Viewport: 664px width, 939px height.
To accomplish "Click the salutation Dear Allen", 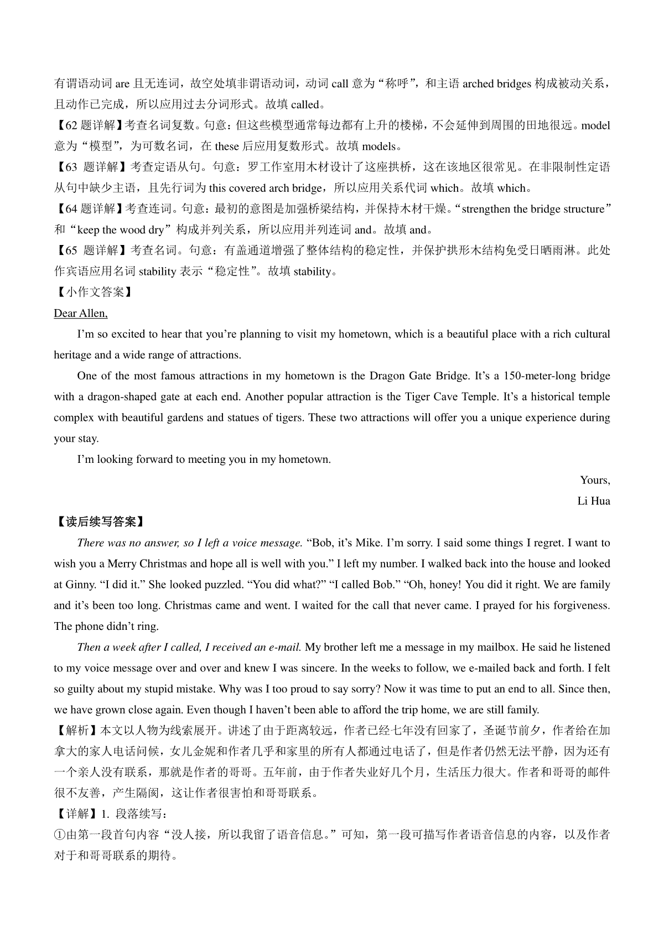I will click(81, 314).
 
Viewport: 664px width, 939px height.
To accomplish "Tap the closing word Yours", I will click(595, 480).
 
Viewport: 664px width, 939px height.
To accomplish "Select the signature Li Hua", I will click(594, 501).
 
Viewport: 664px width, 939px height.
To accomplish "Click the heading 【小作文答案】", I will click(92, 293).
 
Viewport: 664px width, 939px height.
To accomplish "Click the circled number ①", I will click(59, 835).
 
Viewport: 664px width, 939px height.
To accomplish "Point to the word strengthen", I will click(486, 209).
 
